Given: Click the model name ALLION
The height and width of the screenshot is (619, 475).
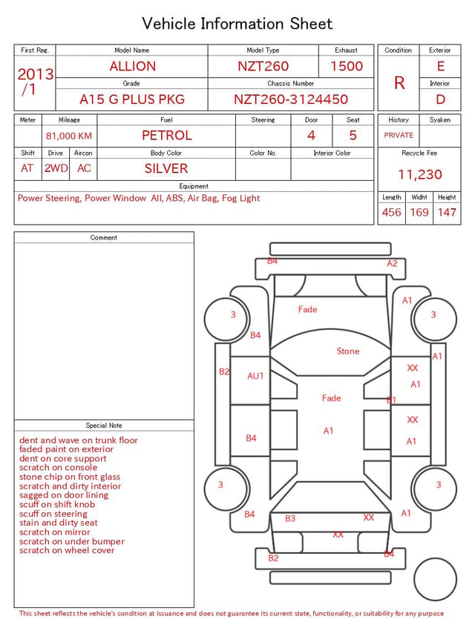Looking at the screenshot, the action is pyautogui.click(x=133, y=66).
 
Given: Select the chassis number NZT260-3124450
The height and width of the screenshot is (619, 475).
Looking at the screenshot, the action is pyautogui.click(x=291, y=99).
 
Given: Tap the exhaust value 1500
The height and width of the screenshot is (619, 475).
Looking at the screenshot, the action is pyautogui.click(x=347, y=66).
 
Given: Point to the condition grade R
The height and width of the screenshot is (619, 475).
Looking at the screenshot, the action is pyautogui.click(x=399, y=83).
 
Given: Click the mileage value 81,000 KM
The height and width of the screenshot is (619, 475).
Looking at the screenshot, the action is pyautogui.click(x=69, y=136).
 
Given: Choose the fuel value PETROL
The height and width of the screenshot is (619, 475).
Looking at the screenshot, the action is pyautogui.click(x=167, y=136).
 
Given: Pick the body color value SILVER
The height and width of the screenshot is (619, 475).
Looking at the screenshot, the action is pyautogui.click(x=166, y=168).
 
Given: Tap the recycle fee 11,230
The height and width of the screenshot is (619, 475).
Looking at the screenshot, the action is pyautogui.click(x=419, y=174).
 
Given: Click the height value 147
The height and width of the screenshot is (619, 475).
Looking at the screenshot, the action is pyautogui.click(x=447, y=212).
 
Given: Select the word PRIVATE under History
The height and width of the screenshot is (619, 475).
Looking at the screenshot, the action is pyautogui.click(x=399, y=135).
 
